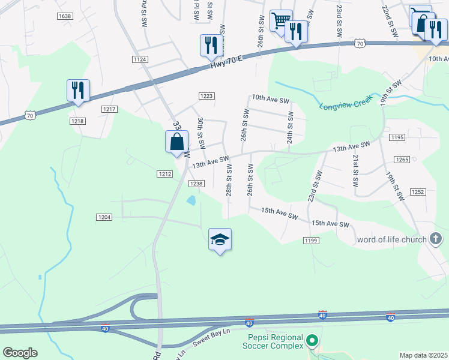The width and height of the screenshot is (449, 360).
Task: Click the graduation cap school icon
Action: click(x=220, y=239)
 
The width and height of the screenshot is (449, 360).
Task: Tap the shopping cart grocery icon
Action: click(x=280, y=20)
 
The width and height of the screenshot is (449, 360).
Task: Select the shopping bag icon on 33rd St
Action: click(x=177, y=142)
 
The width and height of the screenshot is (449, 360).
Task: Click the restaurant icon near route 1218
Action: click(x=78, y=91)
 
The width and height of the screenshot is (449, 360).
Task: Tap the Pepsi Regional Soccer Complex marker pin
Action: click(x=312, y=341)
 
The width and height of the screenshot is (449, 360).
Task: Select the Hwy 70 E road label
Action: click(x=227, y=62)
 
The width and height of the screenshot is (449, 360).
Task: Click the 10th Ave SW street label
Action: click(x=270, y=98)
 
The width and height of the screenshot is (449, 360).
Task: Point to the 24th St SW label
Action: click(x=290, y=123)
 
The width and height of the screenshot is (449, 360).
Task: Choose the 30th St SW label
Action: click(x=201, y=133)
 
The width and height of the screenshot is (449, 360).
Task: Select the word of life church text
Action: click(x=391, y=239)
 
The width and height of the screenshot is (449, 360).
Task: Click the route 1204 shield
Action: click(x=104, y=217)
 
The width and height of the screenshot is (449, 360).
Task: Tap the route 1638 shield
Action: click(x=64, y=16)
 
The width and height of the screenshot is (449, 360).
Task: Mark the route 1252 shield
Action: click(x=418, y=191)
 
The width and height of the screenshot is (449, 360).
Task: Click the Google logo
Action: click(x=20, y=353)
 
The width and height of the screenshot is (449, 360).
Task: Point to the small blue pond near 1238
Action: click(x=191, y=200)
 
